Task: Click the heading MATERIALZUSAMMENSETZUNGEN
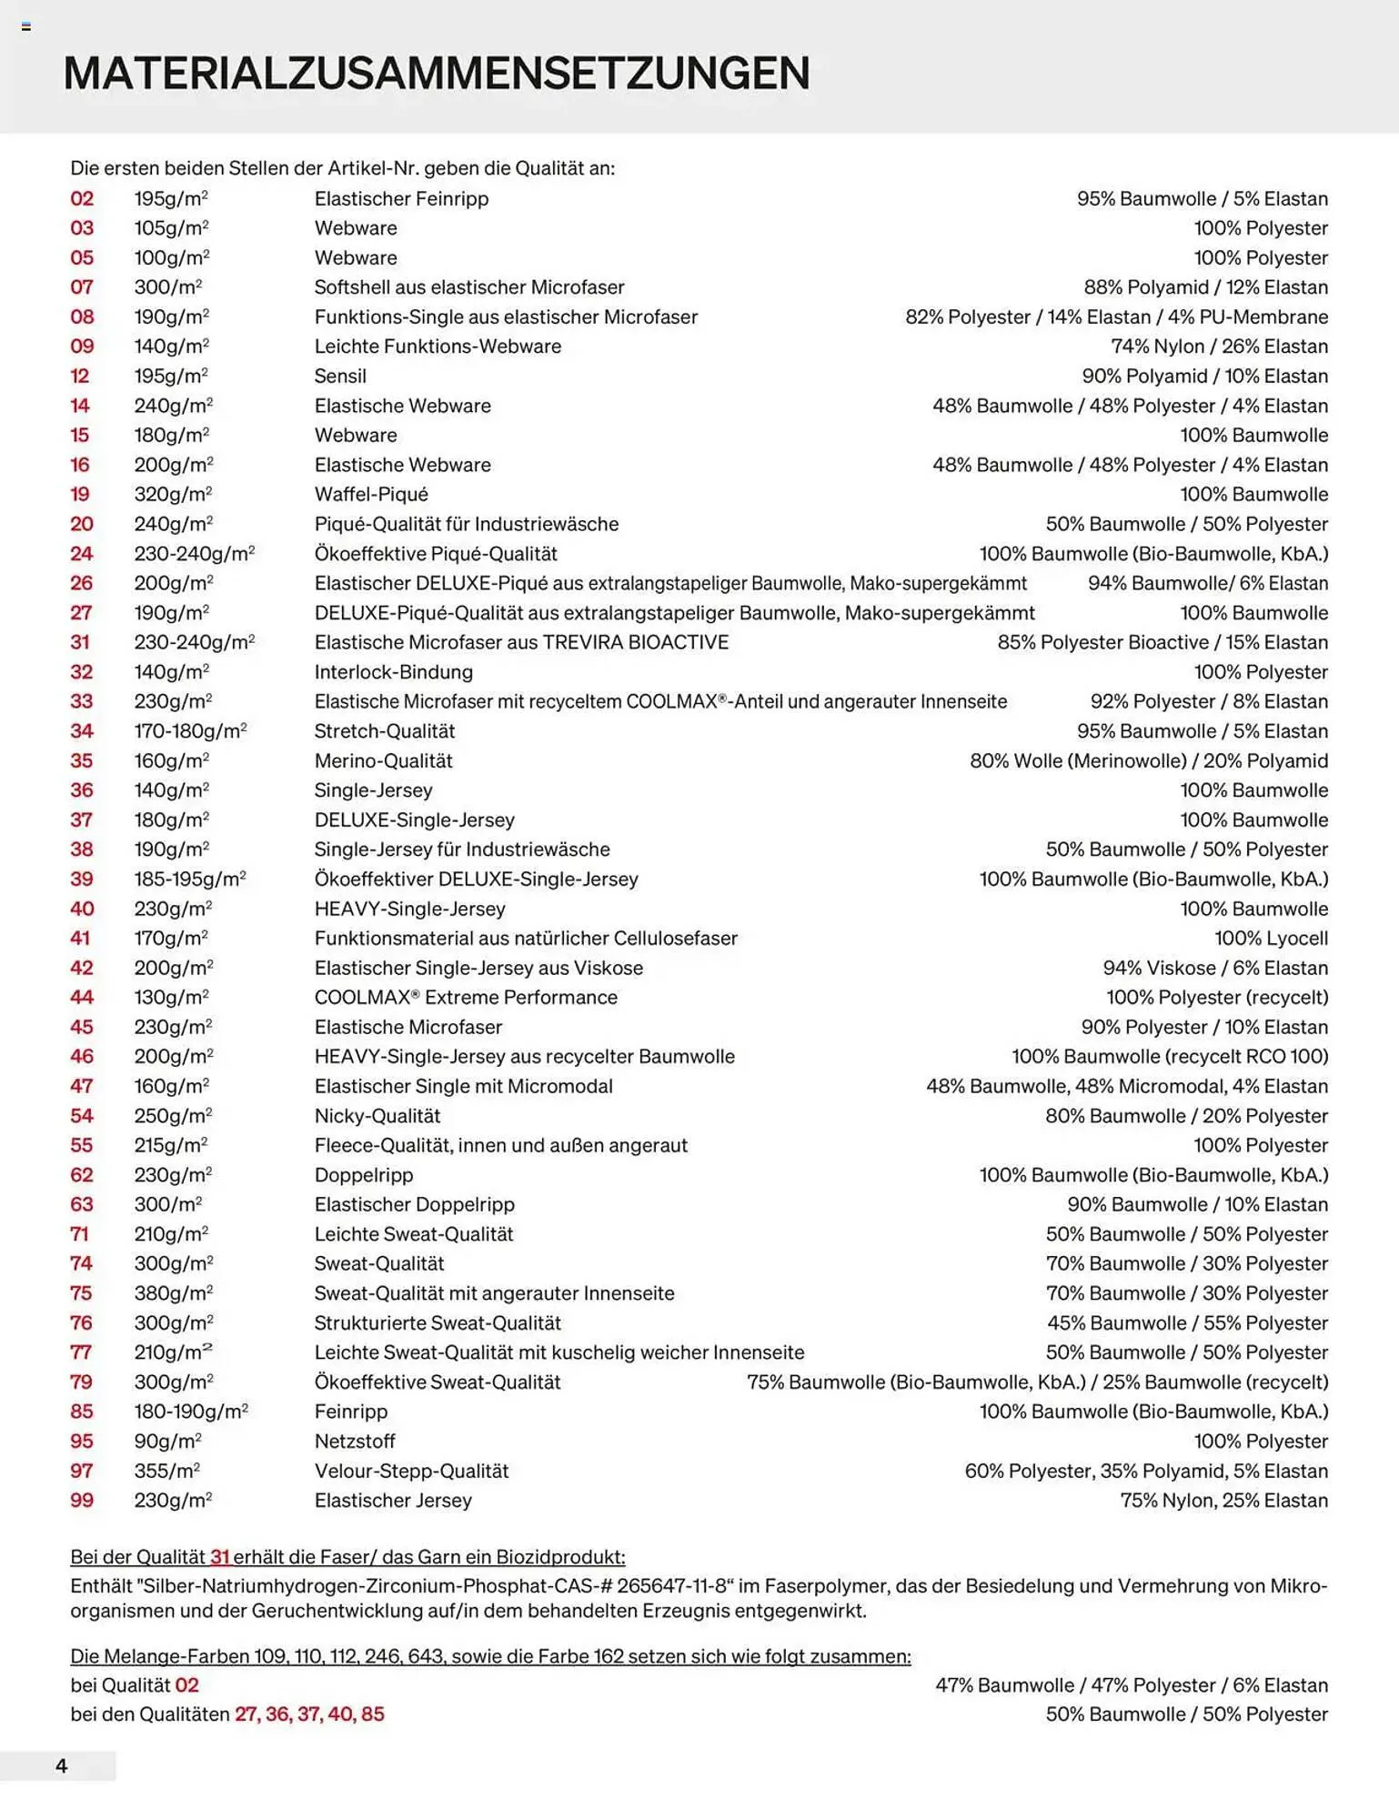tap(436, 74)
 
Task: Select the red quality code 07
tap(82, 287)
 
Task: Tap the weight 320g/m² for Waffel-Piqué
tap(173, 494)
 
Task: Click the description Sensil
tap(340, 376)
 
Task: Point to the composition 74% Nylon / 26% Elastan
tap(1219, 347)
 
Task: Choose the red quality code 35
tap(82, 760)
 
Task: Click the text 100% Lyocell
tap(1271, 938)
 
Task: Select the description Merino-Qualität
tap(383, 760)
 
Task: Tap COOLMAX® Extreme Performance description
tap(466, 997)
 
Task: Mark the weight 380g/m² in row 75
tap(173, 1292)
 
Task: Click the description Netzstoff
tap(355, 1441)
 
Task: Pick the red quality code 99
tap(82, 1500)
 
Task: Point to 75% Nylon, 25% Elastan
tap(1223, 1500)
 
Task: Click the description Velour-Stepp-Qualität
tap(411, 1471)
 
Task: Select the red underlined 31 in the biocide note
tap(220, 1556)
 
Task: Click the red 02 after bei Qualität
tap(186, 1684)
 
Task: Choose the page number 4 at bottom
tap(61, 1765)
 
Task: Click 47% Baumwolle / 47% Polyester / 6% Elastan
tap(1131, 1684)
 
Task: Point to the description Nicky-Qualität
tap(377, 1115)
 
